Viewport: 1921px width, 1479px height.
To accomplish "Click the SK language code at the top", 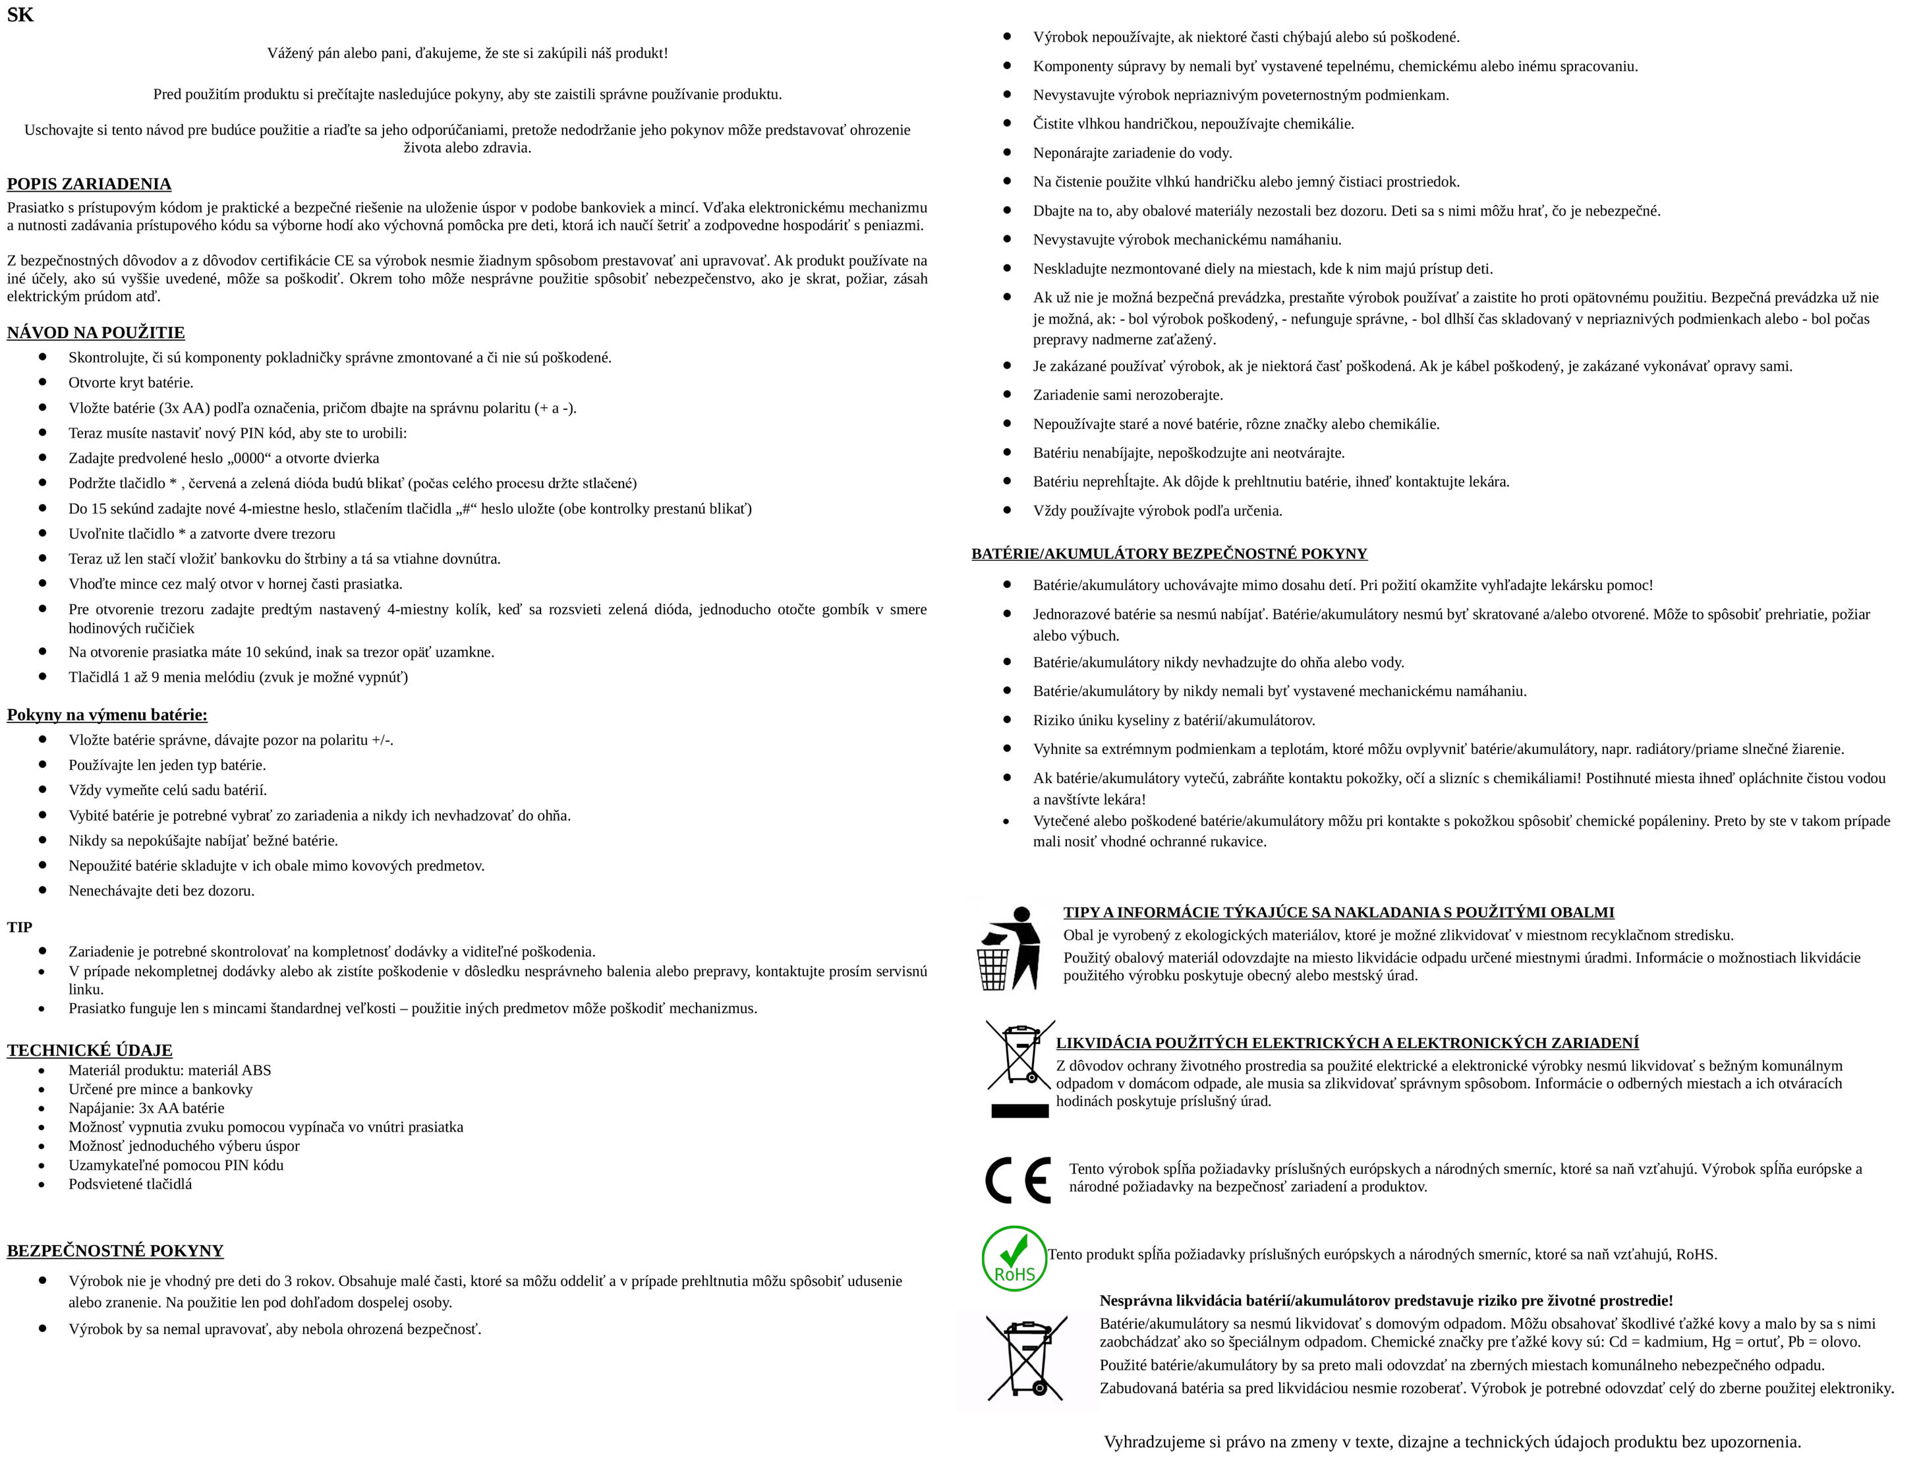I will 20,15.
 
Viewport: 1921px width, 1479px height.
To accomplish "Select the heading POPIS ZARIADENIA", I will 89,184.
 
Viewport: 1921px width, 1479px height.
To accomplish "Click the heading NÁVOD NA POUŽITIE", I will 96,333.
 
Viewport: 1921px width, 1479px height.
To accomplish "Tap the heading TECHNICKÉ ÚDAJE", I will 90,1050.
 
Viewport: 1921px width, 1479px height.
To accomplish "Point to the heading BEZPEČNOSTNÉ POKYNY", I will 115,1250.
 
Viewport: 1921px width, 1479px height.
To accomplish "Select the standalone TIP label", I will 19,927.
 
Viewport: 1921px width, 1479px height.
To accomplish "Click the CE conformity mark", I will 1018,1180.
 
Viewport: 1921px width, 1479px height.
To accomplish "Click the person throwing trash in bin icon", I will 1009,948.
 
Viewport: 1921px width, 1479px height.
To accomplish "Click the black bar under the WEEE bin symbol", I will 1020,1111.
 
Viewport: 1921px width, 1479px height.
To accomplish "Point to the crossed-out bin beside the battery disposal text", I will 1027,1358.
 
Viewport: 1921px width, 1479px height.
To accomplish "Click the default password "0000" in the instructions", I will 249,458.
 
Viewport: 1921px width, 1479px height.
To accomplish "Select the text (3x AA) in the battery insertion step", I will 185,408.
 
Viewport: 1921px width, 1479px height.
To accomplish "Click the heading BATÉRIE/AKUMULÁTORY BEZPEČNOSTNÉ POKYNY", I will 1169,554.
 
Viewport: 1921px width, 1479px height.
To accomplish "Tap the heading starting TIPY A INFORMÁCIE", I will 1338,912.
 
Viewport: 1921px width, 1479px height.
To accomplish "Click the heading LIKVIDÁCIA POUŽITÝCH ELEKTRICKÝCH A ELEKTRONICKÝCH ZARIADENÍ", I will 1346,1043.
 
